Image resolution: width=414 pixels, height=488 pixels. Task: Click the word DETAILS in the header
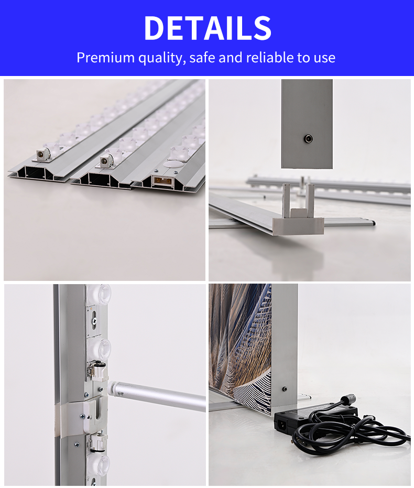[x=208, y=28]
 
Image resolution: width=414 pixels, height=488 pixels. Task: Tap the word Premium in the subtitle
[x=105, y=58]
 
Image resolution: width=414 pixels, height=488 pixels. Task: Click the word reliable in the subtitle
[x=270, y=57]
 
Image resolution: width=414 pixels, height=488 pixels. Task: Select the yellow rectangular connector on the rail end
[x=162, y=180]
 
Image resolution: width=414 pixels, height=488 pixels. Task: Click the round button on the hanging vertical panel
[x=308, y=138]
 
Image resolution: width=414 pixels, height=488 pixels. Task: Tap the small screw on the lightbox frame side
[x=284, y=389]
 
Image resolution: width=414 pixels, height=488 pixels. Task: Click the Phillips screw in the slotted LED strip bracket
[x=94, y=321]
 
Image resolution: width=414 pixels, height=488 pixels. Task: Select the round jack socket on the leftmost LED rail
[x=41, y=154]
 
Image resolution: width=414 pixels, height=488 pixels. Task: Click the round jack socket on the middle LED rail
[x=104, y=161]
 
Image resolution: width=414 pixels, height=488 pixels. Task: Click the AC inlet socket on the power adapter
[x=283, y=424]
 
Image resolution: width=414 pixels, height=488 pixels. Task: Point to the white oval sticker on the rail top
[x=171, y=164]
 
